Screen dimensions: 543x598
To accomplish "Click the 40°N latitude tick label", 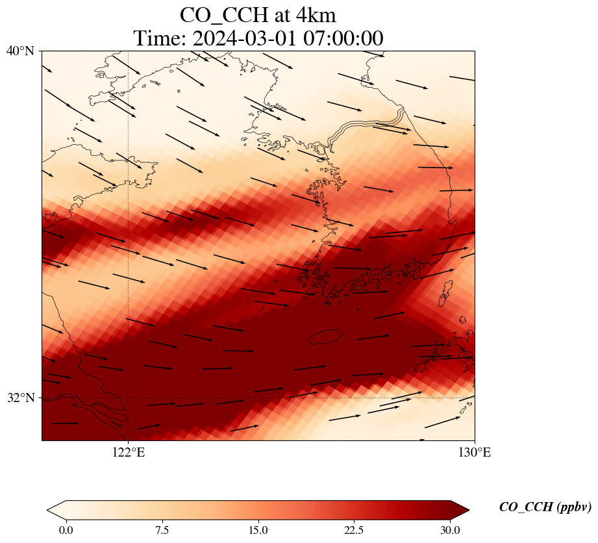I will pos(20,51).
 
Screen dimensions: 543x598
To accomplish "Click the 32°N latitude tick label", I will pos(20,398).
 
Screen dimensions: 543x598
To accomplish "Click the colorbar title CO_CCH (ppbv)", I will pos(545,508).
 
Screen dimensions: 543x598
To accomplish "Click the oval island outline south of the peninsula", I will pos(325,337).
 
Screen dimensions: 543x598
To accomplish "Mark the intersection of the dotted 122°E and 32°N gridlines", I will pos(129,398).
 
